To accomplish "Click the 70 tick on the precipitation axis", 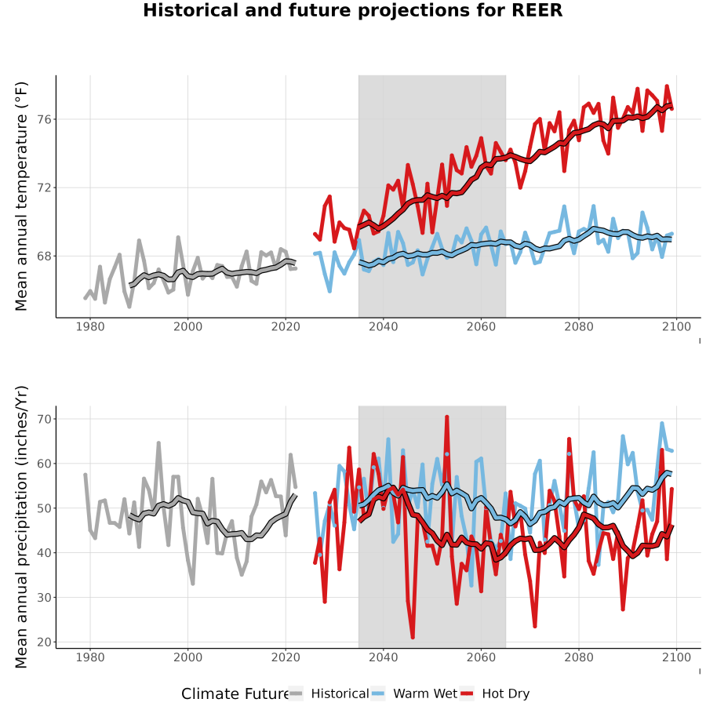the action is (x=44, y=419).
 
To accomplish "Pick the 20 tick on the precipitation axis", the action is (x=44, y=642).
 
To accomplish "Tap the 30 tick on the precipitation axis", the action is (x=44, y=598).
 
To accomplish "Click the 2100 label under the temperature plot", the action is (x=676, y=326).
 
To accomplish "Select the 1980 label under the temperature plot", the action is (x=90, y=326).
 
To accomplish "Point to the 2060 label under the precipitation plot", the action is (x=481, y=657).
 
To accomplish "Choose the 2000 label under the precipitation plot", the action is (x=187, y=657).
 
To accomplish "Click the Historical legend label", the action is (x=340, y=693).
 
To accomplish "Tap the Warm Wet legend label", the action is (x=425, y=693).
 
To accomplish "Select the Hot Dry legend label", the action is (x=506, y=694).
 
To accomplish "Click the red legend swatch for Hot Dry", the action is (x=468, y=693).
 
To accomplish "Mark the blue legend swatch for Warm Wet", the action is (x=379, y=693).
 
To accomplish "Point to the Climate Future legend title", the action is (x=235, y=693).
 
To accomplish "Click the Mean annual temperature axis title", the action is (x=21, y=196).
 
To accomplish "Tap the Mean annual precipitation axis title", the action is (x=21, y=527).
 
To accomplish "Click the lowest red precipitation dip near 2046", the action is (x=413, y=637).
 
